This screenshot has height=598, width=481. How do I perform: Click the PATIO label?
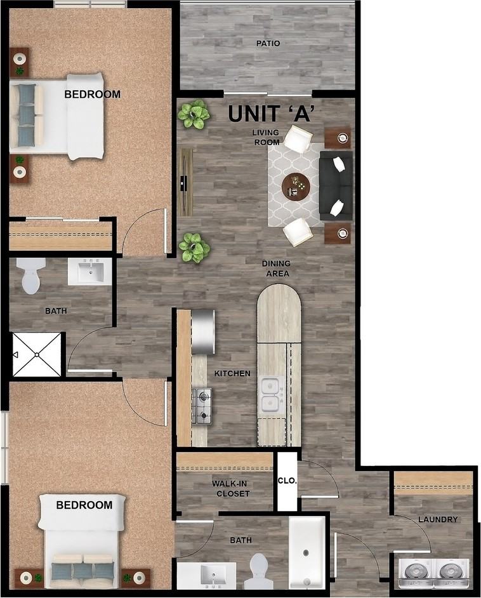point(268,44)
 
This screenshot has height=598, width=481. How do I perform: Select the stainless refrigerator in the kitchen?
point(203,331)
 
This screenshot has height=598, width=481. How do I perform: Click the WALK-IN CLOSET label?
point(230,488)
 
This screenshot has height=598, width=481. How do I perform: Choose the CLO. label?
point(287,481)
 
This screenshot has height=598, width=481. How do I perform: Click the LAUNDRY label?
point(438,519)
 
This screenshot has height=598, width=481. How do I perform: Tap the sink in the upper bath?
point(89,270)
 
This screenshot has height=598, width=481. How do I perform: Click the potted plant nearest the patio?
point(194,114)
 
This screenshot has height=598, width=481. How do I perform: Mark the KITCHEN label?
point(232,373)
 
